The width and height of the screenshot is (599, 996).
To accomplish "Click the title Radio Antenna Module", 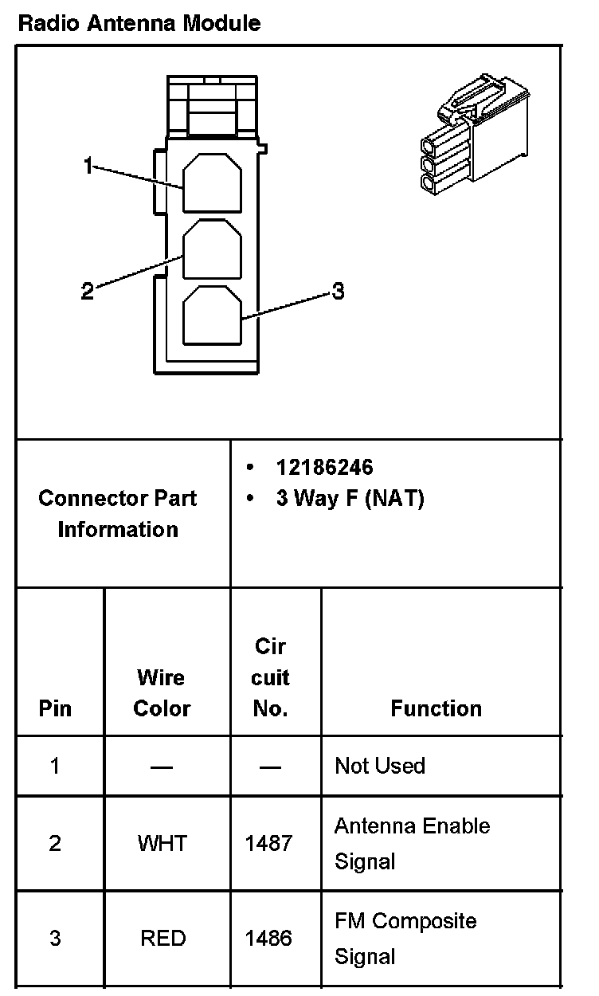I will (x=139, y=23).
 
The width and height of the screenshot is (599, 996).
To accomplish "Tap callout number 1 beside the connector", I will (x=89, y=166).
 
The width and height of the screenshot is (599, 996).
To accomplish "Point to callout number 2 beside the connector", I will (x=88, y=292).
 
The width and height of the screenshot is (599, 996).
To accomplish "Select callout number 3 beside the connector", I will (x=338, y=292).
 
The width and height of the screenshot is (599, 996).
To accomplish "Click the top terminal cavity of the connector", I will (x=212, y=183).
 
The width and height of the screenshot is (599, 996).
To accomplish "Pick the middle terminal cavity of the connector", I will (x=212, y=249).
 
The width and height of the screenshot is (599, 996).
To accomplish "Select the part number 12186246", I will (x=324, y=467).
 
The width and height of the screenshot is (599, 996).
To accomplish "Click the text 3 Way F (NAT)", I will (x=350, y=499).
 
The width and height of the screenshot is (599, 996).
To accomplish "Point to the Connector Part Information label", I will (x=118, y=514).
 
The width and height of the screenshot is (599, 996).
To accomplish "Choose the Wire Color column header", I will (x=162, y=693).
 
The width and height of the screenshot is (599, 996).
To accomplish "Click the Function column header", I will (x=436, y=709).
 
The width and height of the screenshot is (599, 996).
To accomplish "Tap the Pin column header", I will (x=55, y=709).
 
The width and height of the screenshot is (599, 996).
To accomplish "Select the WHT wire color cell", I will (x=162, y=843).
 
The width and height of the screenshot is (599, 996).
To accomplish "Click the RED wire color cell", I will (x=162, y=939).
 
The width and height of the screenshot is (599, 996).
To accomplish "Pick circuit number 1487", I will (x=268, y=843).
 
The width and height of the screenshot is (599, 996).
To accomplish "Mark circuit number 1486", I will (x=268, y=939).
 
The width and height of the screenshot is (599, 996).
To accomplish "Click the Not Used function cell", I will (x=380, y=766).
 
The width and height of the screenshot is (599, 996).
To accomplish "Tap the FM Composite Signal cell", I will (x=405, y=938).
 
